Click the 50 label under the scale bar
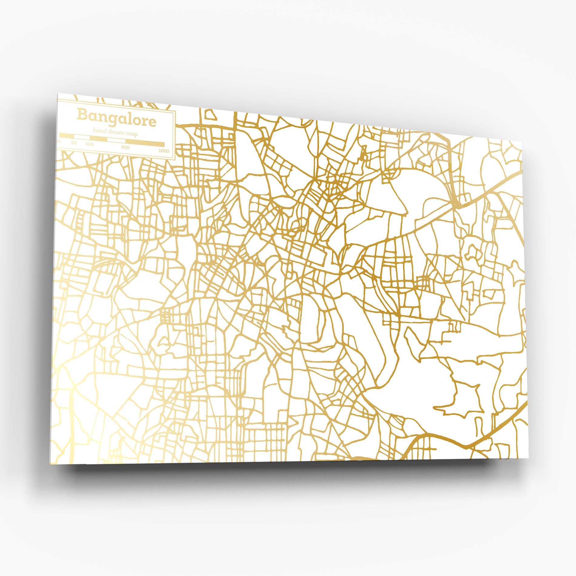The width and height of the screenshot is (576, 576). click(74, 143)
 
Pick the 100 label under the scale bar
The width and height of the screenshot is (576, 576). click(89, 144)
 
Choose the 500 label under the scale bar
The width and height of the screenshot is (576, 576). click(125, 147)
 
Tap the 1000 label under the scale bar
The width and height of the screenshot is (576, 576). click(164, 151)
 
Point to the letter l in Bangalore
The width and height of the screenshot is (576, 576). click(130, 118)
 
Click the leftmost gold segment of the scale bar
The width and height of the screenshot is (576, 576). click(67, 136)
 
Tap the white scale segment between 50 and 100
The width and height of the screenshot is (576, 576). click(82, 137)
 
